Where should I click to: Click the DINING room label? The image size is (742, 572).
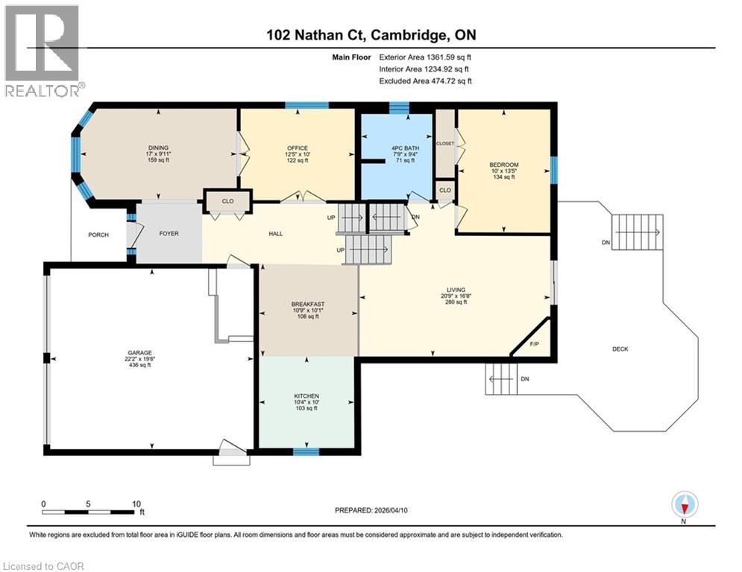[157, 147]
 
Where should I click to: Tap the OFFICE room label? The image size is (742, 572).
[298, 147]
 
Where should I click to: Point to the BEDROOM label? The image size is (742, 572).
[503, 165]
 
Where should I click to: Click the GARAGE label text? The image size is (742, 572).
[140, 354]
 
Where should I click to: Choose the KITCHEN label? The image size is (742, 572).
[306, 395]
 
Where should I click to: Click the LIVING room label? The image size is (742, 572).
[456, 290]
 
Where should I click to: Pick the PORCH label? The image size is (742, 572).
[98, 235]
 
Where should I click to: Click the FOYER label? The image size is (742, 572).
[169, 232]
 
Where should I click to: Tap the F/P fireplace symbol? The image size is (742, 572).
[535, 344]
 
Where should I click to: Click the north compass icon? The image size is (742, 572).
[684, 505]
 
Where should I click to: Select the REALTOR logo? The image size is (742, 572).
[43, 51]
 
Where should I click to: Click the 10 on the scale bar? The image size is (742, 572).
[136, 503]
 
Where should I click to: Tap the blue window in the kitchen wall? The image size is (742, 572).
[306, 451]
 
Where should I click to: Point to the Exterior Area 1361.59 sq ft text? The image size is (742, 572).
[425, 56]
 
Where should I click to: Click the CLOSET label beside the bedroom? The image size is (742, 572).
[445, 143]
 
